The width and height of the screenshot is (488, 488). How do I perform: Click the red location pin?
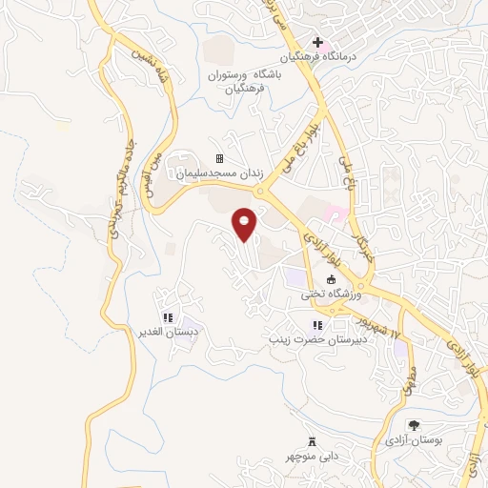pyautogui.click(x=245, y=223)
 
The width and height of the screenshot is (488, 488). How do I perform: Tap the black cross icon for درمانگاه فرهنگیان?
pyautogui.click(x=317, y=41)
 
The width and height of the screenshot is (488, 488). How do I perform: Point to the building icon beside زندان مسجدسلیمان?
pyautogui.click(x=219, y=158)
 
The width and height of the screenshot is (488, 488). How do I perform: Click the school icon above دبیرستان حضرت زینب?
pyautogui.click(x=316, y=325)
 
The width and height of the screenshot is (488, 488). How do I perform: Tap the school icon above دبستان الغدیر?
pyautogui.click(x=167, y=317)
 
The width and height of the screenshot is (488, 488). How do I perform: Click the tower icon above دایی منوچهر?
pyautogui.click(x=311, y=440)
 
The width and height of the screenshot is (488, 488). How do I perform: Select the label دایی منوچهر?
pyautogui.click(x=311, y=457)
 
